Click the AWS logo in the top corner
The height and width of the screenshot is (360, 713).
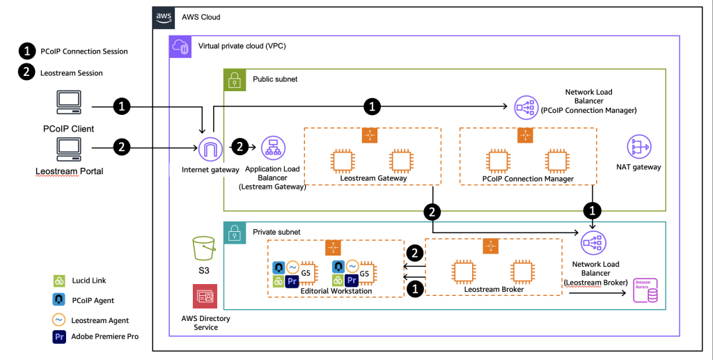click(x=164, y=17)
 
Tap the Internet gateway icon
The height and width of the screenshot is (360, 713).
click(x=209, y=148)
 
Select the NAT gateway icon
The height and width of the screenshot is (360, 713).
click(x=638, y=146)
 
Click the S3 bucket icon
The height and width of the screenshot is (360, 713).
click(x=204, y=248)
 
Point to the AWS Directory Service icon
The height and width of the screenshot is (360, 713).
click(x=205, y=296)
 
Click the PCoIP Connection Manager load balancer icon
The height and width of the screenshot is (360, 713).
click(x=526, y=107)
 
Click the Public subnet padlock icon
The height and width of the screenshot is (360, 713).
click(x=233, y=79)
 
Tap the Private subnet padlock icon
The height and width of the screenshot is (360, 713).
click(x=233, y=232)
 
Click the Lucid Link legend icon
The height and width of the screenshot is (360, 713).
click(x=59, y=281)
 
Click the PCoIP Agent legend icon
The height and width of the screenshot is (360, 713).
click(x=59, y=300)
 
